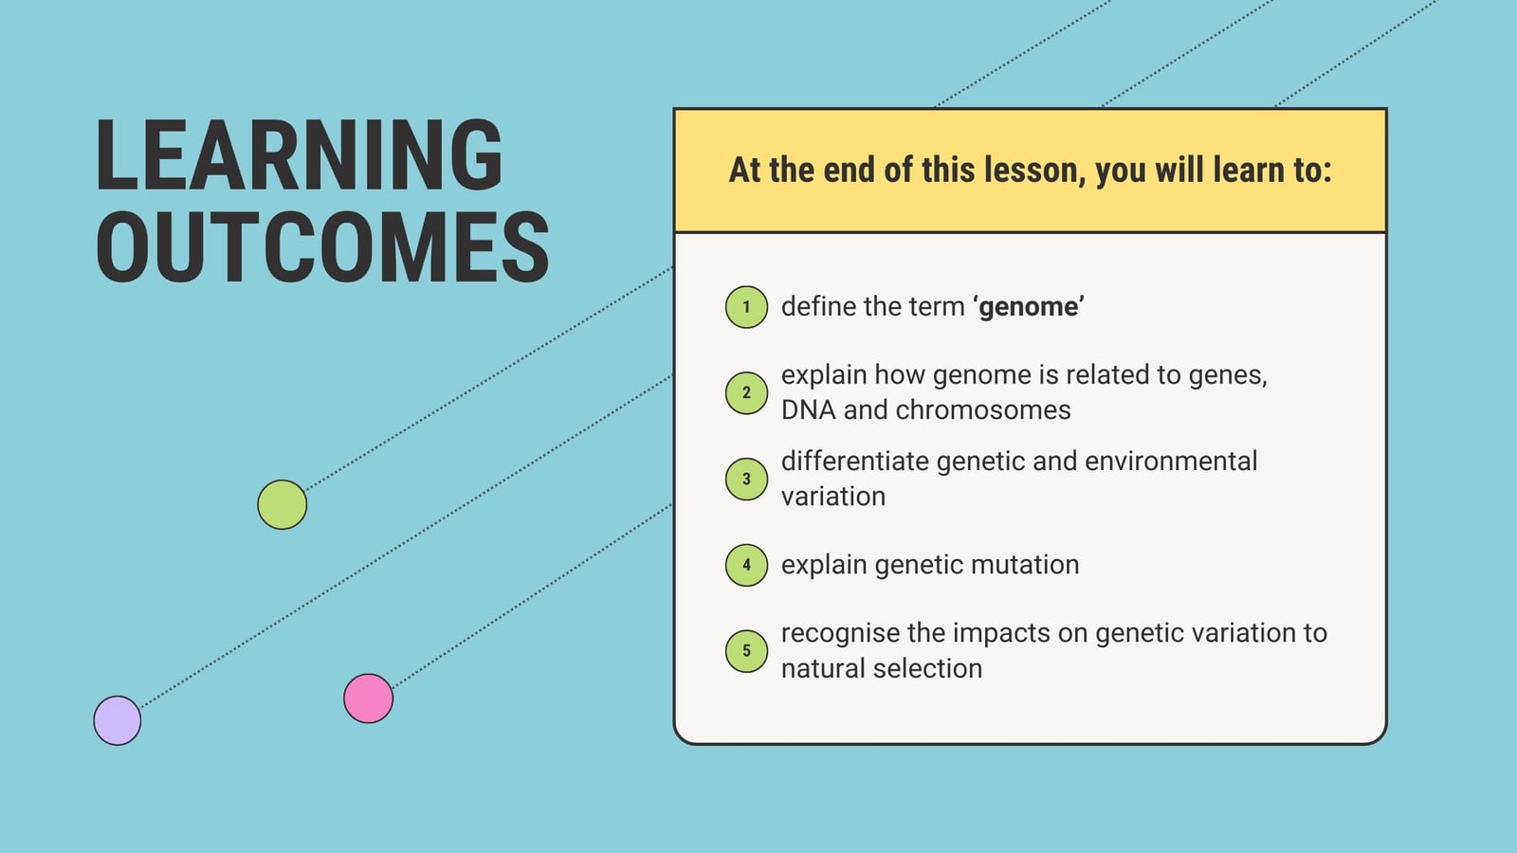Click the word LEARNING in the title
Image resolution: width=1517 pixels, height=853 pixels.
coord(300,155)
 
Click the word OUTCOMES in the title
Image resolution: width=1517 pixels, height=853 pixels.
coord(322,246)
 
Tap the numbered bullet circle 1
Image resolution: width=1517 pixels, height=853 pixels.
coord(746,307)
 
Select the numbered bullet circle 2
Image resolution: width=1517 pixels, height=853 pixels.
coord(746,392)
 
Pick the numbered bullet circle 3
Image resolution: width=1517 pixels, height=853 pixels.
coord(746,479)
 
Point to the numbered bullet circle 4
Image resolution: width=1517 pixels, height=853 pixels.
coord(746,565)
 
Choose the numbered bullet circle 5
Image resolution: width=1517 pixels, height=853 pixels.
coord(746,650)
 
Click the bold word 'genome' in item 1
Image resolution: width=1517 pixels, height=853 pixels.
coord(1029,307)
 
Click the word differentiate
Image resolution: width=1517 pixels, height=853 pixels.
coord(854,461)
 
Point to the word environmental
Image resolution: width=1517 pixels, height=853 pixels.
coord(1171,461)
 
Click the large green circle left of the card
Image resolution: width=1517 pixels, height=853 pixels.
coord(282,504)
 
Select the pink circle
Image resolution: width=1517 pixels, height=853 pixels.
coord(369,698)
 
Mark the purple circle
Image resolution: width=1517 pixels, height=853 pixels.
coord(118,720)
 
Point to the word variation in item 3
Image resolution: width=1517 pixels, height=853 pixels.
coord(833,497)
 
